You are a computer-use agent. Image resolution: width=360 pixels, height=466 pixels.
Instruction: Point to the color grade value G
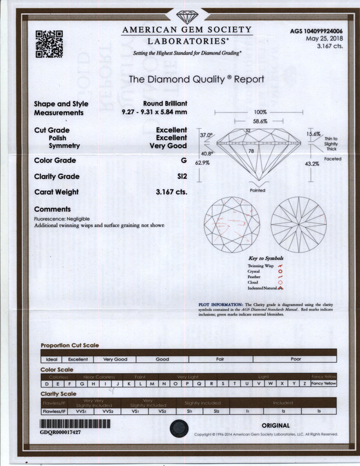[x=183, y=161]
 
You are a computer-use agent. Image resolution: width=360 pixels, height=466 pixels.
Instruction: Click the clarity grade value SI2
[x=182, y=177]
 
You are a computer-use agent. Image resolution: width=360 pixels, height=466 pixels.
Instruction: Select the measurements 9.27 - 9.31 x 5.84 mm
[x=154, y=113]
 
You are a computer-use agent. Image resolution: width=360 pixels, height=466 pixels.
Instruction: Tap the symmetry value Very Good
[x=168, y=146]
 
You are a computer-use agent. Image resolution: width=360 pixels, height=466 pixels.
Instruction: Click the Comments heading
[x=52, y=210]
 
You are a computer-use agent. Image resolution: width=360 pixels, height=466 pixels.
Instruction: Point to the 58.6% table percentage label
[x=260, y=122]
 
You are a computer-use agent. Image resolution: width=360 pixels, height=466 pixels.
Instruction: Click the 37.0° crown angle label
[x=206, y=135]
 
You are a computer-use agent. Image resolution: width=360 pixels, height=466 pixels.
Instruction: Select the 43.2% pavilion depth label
[x=313, y=163]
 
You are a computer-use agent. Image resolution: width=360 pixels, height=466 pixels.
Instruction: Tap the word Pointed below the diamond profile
[x=257, y=190]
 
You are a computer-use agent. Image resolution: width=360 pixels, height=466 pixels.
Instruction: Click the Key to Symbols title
[x=265, y=259]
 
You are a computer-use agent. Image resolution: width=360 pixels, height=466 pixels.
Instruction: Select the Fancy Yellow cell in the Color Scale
[x=324, y=384]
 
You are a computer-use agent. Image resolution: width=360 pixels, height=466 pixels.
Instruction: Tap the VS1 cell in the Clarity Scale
[x=136, y=410]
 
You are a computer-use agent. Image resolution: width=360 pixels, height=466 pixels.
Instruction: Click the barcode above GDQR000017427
[x=74, y=424]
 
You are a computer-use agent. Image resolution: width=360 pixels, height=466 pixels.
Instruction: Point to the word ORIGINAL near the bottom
[x=276, y=426]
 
